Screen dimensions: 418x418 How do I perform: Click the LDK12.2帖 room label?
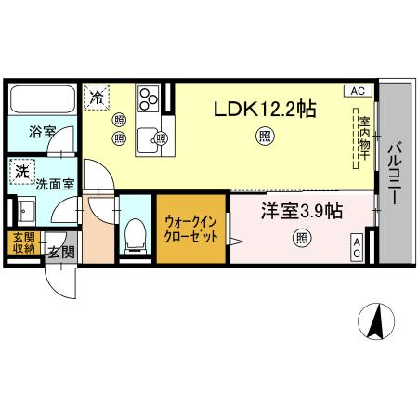265,110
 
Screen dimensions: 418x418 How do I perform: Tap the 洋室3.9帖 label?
302,212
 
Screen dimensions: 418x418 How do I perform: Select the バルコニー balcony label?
395,173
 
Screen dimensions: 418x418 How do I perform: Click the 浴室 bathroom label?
43,132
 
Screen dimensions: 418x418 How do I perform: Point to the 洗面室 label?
55,185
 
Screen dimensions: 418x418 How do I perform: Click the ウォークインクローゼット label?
191,229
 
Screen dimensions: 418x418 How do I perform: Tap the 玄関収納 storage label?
23,242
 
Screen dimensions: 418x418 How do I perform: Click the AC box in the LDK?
358,91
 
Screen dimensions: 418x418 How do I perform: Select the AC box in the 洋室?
357,247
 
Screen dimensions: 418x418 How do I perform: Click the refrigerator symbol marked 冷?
97,98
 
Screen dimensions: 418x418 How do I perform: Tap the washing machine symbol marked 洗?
22,172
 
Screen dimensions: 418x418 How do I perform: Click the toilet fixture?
136,236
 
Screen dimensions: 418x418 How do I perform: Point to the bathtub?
43,99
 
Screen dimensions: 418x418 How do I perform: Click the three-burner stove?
149,98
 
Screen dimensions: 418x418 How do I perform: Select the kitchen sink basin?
148,140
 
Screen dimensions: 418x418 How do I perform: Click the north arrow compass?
376,321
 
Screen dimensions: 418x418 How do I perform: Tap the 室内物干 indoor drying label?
365,138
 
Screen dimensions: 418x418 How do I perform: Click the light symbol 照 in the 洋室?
302,238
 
